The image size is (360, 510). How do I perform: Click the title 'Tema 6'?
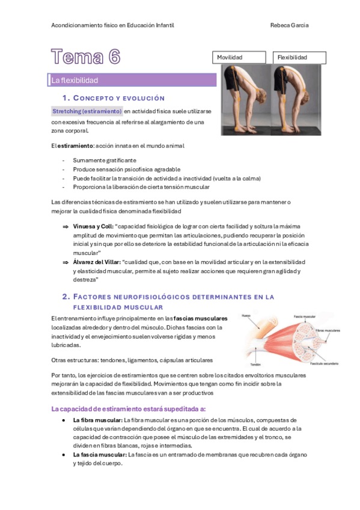click(85, 57)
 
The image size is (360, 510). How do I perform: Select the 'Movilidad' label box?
click(239, 58)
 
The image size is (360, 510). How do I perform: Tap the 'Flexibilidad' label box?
click(299, 58)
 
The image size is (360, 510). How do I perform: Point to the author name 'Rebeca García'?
click(290, 25)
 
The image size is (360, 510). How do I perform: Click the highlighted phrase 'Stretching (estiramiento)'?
click(87, 112)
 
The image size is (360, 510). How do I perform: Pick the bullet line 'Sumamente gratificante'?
click(105, 161)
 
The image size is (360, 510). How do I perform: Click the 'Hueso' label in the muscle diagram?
click(246, 315)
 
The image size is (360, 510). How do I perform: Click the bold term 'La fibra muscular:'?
click(98, 420)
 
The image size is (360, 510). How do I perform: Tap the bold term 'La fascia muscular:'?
click(100, 455)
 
